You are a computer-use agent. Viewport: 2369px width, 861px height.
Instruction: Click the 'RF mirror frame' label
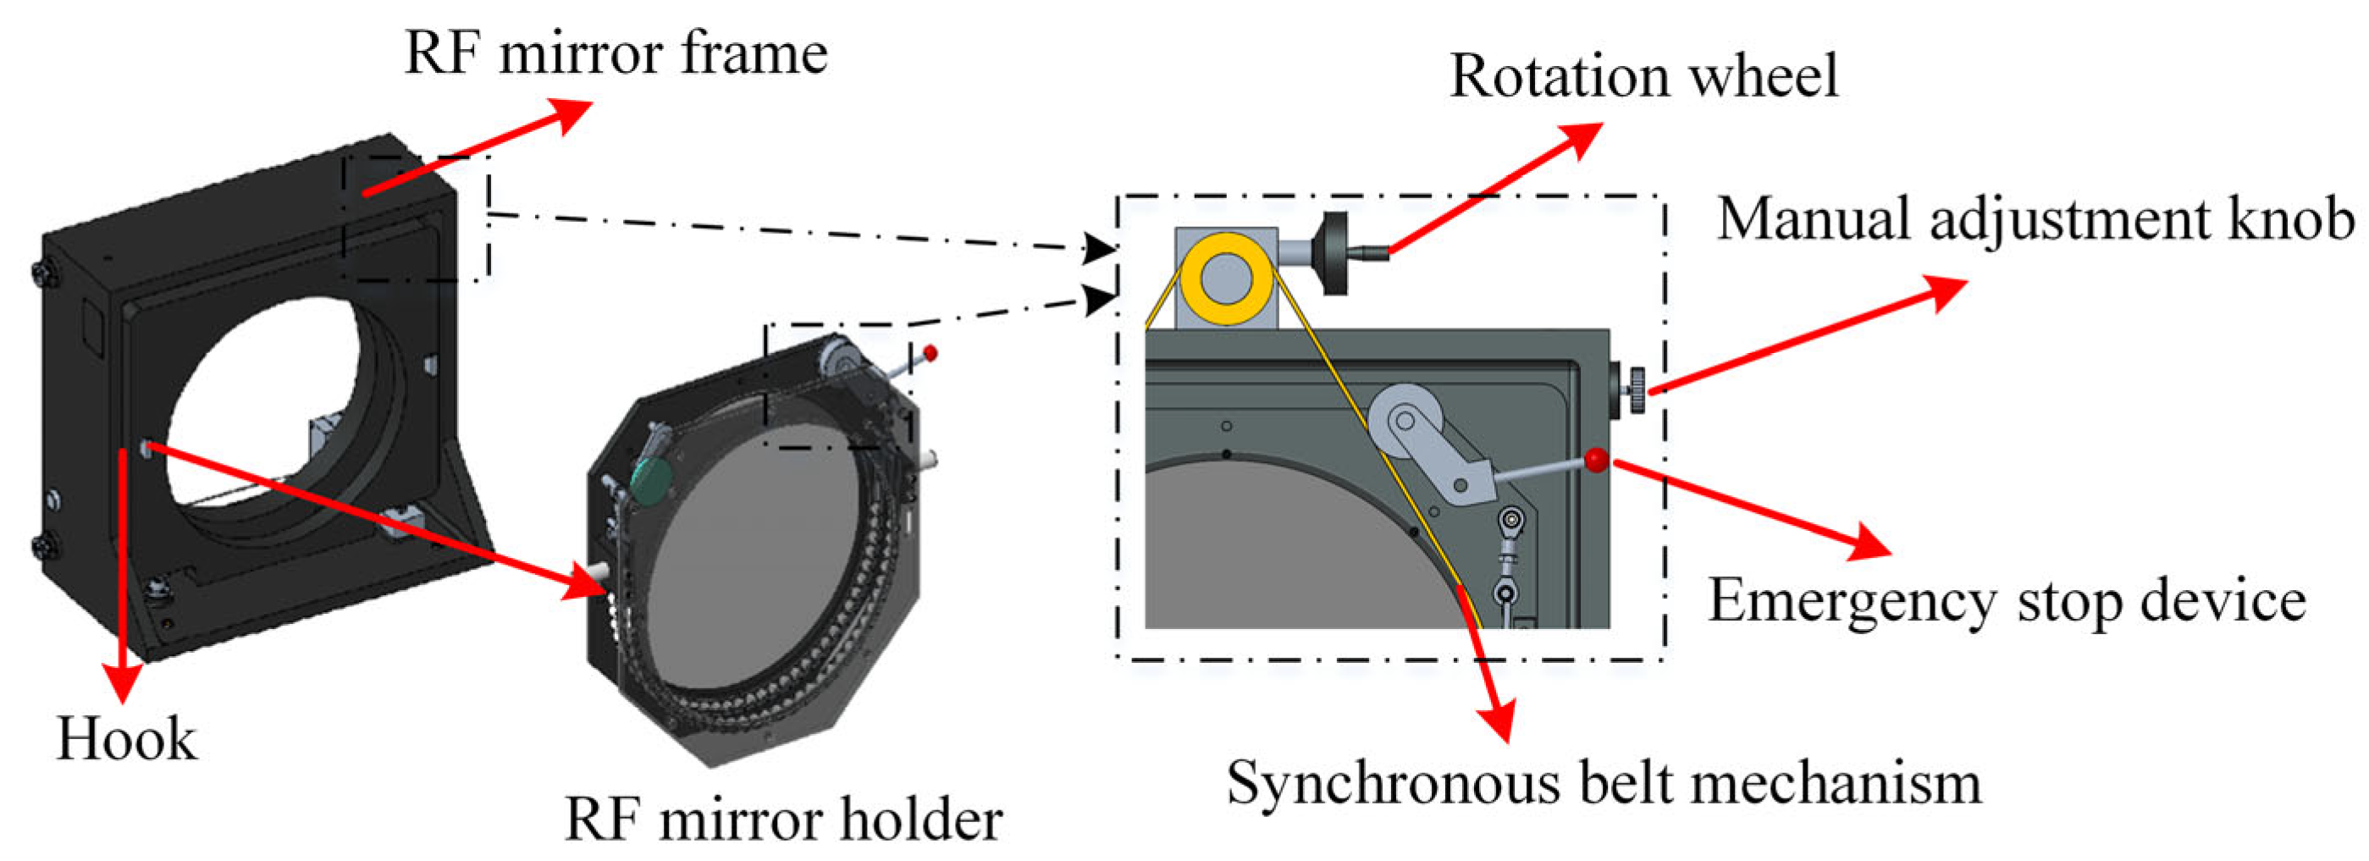pos(616,53)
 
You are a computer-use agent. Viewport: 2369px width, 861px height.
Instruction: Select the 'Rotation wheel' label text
pos(1643,75)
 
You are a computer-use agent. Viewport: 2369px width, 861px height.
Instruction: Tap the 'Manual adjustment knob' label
pos(2035,221)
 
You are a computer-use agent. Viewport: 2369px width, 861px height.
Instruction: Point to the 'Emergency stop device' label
pos(2007,602)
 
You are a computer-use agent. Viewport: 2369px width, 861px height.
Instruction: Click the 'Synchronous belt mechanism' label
pos(1604,784)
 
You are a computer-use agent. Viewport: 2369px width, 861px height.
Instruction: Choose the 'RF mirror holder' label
pos(782,819)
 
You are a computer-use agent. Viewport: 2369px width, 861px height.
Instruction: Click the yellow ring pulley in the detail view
pos(1226,279)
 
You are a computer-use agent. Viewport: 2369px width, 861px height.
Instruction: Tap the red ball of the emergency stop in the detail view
pos(1597,459)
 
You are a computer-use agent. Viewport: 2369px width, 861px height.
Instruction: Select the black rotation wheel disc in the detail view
pos(1334,254)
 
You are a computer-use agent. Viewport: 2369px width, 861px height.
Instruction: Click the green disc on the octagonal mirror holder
pos(651,480)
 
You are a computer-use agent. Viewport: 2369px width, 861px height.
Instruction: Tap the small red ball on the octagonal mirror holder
pos(930,352)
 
